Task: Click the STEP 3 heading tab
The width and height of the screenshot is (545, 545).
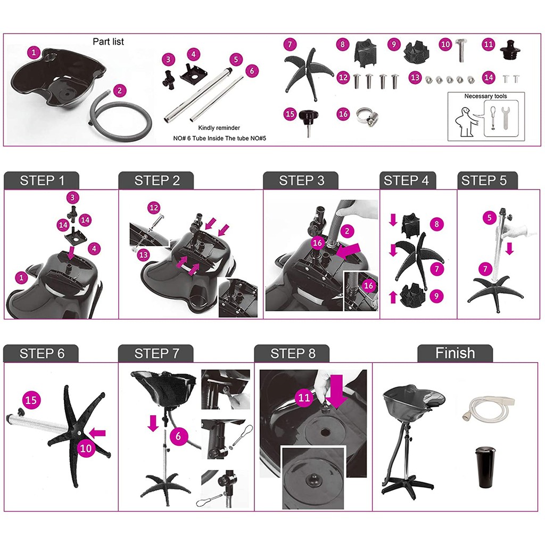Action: point(301,180)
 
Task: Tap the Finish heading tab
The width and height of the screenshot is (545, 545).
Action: point(455,353)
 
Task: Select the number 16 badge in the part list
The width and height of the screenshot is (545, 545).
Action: point(343,114)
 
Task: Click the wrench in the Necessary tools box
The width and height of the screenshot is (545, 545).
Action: point(506,118)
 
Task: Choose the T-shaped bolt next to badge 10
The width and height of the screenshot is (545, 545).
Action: point(461,51)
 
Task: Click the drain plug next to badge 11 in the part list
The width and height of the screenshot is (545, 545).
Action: point(511,51)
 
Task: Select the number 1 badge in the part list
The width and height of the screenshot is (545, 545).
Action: point(34,53)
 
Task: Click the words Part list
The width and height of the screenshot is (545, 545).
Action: point(108,42)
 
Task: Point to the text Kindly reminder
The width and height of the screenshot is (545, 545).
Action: point(219,128)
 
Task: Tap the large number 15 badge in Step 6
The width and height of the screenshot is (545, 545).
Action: point(31,400)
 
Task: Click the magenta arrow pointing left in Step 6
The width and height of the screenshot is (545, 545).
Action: point(97,433)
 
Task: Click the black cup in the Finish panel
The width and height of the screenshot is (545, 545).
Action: point(485,467)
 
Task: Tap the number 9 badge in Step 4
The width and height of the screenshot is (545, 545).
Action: point(436,296)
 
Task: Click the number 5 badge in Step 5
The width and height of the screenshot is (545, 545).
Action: point(490,218)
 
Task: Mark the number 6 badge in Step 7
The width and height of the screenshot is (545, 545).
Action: point(178,436)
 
